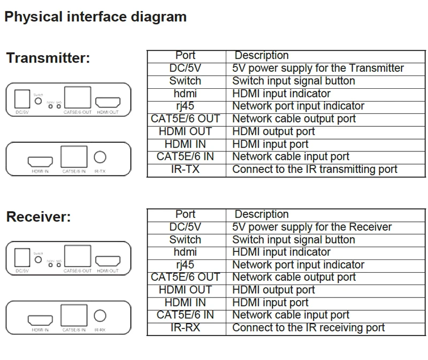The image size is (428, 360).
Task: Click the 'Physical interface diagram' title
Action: point(95,17)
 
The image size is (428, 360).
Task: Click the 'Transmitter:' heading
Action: point(48,58)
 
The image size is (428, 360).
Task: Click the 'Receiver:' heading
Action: point(39,217)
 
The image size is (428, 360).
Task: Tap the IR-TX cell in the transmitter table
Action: point(185,170)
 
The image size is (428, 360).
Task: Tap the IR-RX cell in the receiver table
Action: point(185,328)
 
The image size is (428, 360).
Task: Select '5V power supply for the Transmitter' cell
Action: point(318,68)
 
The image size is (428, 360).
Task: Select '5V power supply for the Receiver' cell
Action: point(312,227)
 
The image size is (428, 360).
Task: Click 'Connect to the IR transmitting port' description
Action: point(315,170)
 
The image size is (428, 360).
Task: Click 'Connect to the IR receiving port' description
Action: point(308,328)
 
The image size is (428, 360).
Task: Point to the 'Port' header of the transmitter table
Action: point(185,56)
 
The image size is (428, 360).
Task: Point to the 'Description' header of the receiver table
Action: point(261,214)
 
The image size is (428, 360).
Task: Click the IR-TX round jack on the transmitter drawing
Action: point(100,157)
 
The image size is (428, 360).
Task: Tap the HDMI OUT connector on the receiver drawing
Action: point(108,261)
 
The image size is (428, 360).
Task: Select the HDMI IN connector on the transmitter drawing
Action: point(40,160)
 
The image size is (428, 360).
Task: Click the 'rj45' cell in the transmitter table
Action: point(185,106)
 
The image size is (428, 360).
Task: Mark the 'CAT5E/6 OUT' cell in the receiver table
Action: point(185,277)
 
